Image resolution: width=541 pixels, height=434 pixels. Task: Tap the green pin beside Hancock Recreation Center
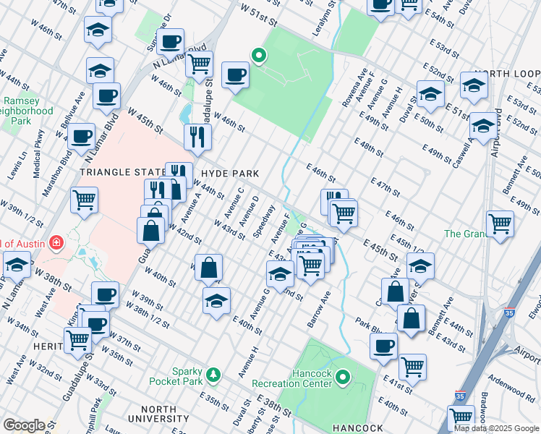(x=344, y=377)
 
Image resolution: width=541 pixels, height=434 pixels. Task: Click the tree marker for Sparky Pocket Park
(x=213, y=374)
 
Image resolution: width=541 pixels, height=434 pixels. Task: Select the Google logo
(x=23, y=425)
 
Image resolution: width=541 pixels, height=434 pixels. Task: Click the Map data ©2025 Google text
(x=496, y=428)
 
